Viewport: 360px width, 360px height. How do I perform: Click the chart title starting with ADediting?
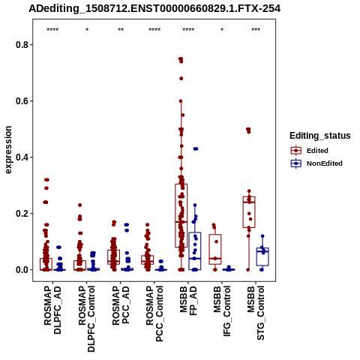coord(154,8)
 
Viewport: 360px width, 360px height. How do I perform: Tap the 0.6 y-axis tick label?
coord(21,101)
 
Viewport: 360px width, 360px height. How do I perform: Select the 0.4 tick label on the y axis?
coord(21,157)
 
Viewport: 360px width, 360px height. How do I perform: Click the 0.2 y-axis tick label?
coord(21,214)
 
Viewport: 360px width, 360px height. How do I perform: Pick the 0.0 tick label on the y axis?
coord(21,270)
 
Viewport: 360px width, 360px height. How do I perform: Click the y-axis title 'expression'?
coord(8,150)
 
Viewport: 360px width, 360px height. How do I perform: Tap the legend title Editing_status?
coord(320,136)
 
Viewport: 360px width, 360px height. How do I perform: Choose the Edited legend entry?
coord(317,151)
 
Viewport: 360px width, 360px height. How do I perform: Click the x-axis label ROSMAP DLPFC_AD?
coord(52,310)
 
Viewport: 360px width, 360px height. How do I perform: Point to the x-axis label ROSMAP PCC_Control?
coord(154,313)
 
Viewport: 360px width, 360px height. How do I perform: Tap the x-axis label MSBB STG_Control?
coord(256,313)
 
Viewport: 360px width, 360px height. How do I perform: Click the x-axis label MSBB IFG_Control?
coord(222,311)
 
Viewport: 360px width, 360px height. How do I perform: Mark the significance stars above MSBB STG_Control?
coord(256,30)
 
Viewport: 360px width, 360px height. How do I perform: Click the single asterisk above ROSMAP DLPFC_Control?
coord(87,30)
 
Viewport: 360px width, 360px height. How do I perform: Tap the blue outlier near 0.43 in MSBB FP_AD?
coord(196,148)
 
